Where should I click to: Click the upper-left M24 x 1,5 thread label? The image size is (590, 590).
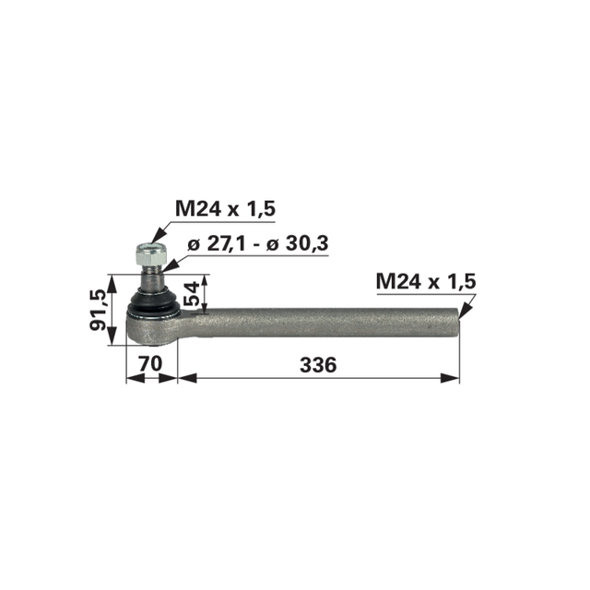[x=225, y=209]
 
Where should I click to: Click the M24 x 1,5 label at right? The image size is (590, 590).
[x=426, y=281]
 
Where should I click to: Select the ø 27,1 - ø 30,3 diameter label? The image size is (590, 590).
[x=258, y=243]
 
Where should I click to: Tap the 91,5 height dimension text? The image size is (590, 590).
[x=99, y=311]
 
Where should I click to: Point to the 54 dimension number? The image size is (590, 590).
[x=192, y=294]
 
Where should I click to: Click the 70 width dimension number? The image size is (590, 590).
[x=150, y=364]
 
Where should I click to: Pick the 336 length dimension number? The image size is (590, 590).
[x=318, y=365]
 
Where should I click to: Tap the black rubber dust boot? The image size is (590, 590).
[x=154, y=304]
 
